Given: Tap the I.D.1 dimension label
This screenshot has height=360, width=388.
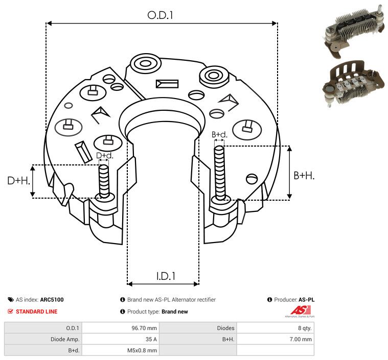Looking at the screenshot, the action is [x=166, y=276].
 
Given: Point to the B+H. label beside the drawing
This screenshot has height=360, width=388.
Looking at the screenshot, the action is [x=304, y=176].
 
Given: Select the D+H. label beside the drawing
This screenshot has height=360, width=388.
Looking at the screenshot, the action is [x=18, y=181].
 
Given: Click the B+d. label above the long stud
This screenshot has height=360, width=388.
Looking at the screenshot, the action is [x=219, y=134].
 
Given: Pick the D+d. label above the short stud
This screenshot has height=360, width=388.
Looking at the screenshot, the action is [x=104, y=156].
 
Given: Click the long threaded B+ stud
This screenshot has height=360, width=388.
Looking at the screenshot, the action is [x=219, y=173].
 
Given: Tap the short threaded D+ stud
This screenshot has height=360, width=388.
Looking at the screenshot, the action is [x=104, y=181].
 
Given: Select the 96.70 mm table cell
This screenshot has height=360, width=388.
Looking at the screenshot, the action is [x=144, y=328].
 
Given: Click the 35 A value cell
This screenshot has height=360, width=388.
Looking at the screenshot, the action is [x=151, y=339].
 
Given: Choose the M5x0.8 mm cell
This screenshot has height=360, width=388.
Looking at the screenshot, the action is [x=142, y=350].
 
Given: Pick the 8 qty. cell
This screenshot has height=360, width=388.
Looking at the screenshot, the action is [x=305, y=328].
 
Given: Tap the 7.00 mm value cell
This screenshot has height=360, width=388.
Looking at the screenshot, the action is [x=301, y=339].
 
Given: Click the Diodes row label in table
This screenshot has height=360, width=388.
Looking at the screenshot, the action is [x=225, y=328].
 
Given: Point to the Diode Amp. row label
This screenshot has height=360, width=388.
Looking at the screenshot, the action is [x=65, y=339].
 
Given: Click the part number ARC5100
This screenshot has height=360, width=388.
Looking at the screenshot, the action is [x=52, y=300].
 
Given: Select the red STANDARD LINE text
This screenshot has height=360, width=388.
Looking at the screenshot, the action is [x=37, y=311].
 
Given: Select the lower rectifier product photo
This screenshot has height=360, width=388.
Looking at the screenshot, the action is [x=354, y=84].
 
